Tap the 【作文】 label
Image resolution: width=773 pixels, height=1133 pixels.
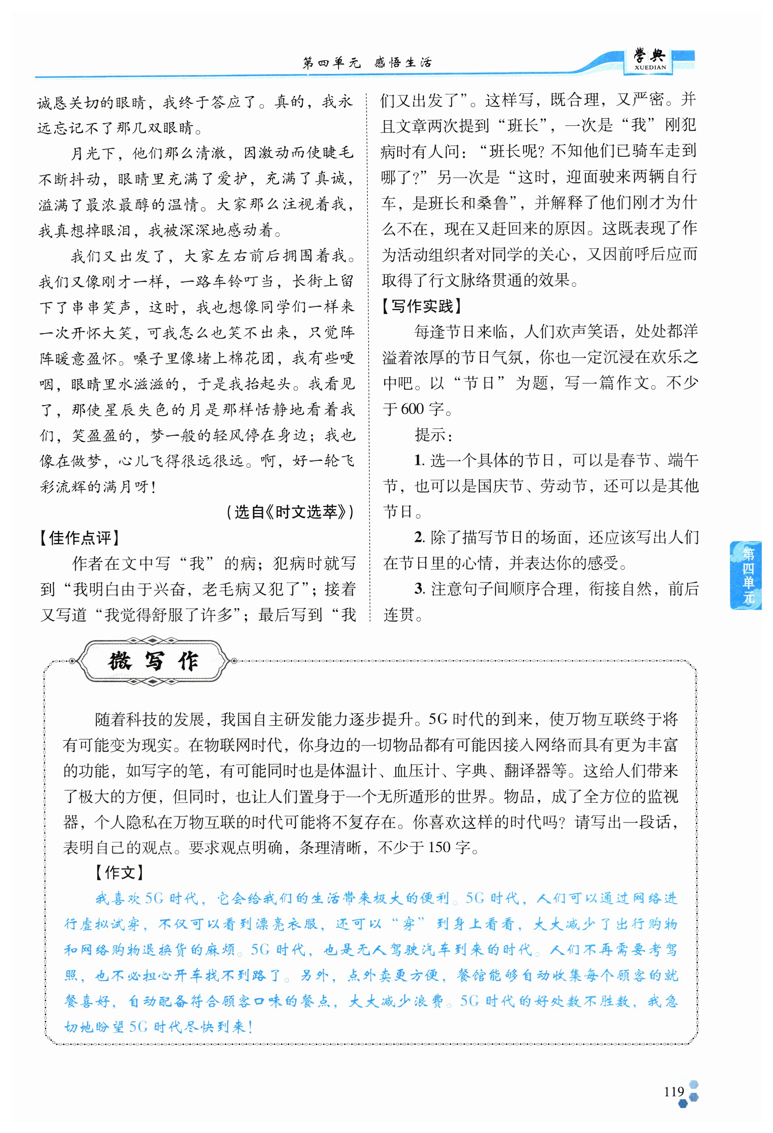coord(119,873)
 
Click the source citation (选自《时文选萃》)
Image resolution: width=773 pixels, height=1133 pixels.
coord(290,512)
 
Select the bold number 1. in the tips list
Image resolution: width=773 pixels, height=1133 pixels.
coord(418,460)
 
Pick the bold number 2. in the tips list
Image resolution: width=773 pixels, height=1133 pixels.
coord(419,537)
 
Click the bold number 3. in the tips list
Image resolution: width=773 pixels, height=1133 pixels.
coord(419,589)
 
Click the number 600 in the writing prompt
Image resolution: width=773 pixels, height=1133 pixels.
coord(412,409)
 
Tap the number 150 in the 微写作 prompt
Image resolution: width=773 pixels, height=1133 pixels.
coord(439,847)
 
